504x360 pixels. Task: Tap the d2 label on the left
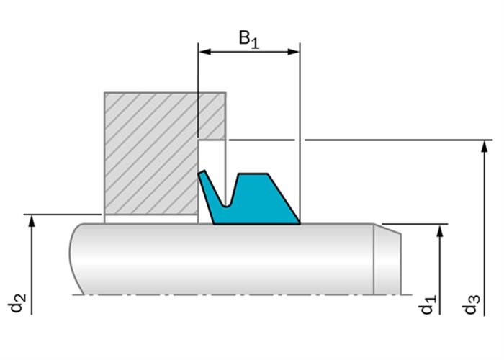pyautogui.click(x=17, y=302)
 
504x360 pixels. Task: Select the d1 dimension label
pyautogui.click(x=428, y=304)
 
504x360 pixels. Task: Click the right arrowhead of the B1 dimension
pyautogui.click(x=294, y=51)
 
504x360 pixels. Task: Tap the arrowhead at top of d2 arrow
pyautogui.click(x=32, y=221)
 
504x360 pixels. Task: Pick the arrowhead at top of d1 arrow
pyautogui.click(x=440, y=231)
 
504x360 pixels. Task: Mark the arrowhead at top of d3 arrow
pyautogui.click(x=485, y=146)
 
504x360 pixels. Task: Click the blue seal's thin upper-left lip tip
pyautogui.click(x=202, y=173)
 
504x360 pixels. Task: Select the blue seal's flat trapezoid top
pyautogui.click(x=253, y=174)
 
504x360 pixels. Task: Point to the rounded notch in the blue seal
pyautogui.click(x=227, y=204)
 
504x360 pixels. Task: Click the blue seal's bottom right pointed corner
pyautogui.click(x=300, y=222)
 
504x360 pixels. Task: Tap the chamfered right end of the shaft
pyautogui.click(x=387, y=260)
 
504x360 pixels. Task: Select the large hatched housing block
pyautogui.click(x=151, y=153)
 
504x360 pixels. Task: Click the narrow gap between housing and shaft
pyautogui.click(x=150, y=219)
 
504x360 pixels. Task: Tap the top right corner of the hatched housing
pyautogui.click(x=225, y=93)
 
